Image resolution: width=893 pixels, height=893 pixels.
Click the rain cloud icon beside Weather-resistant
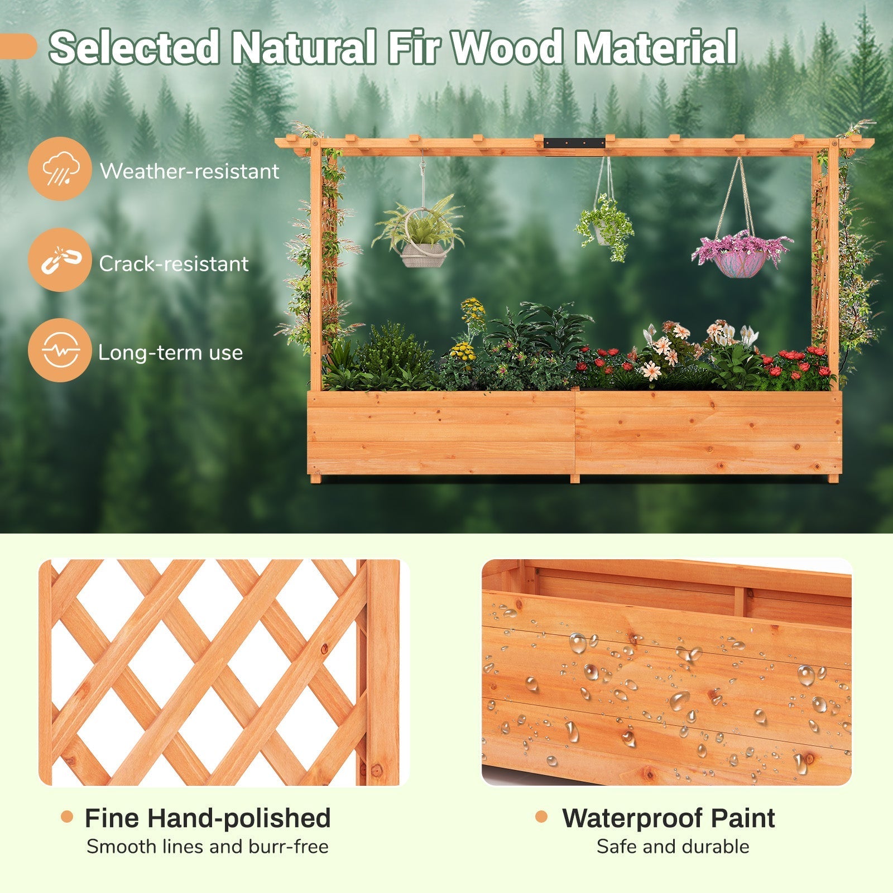click(x=59, y=169)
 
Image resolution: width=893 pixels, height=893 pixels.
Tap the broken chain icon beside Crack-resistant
click(x=59, y=260)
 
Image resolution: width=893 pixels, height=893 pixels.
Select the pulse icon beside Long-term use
click(x=59, y=351)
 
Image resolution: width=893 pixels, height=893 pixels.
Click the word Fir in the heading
click(x=413, y=48)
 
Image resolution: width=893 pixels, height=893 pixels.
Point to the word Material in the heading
click(x=656, y=48)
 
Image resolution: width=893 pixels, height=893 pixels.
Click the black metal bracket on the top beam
click(x=575, y=143)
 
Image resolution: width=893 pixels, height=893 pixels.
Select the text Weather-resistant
click(x=189, y=171)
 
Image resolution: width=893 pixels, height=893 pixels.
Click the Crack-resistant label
click(x=174, y=263)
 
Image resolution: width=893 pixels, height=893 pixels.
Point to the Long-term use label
click(x=170, y=353)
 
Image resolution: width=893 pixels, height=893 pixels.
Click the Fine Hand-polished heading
click(x=208, y=818)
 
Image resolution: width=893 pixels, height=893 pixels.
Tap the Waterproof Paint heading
click(x=668, y=818)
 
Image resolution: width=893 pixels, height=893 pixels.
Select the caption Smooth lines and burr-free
click(x=208, y=847)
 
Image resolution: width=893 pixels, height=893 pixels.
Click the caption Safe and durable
click(x=673, y=847)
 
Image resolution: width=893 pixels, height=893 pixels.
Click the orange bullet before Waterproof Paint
click(x=541, y=817)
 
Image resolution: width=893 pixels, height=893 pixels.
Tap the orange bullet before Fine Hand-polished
click(x=67, y=817)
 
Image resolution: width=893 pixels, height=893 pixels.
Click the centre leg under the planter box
click(x=575, y=479)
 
